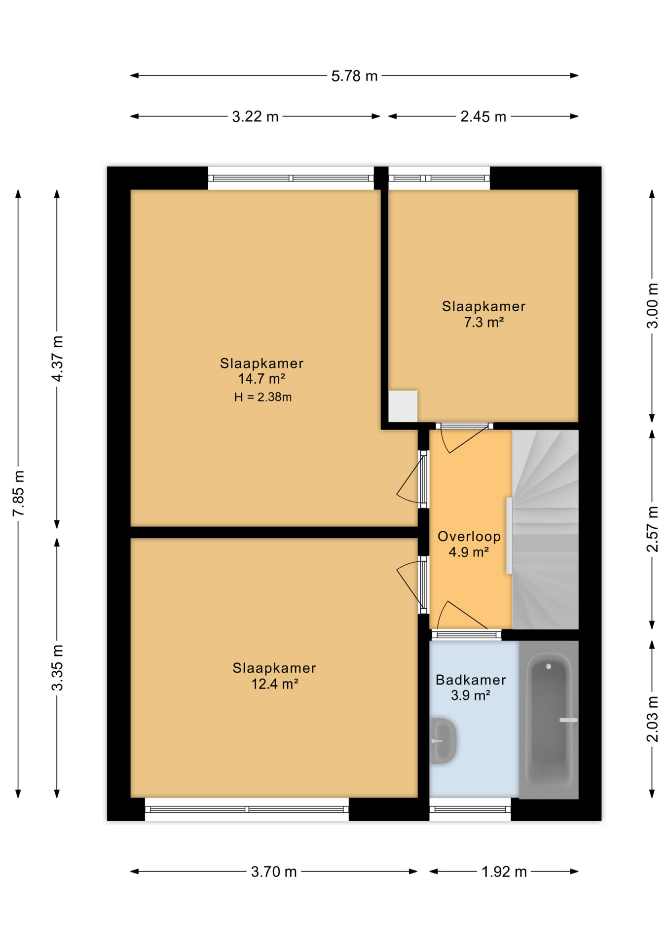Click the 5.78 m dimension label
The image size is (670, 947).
coord(354,76)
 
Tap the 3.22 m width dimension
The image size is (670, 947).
coord(255,117)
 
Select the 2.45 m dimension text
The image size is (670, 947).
coord(483,117)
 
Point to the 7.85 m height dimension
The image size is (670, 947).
coord(19,493)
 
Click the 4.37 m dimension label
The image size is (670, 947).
coord(58,359)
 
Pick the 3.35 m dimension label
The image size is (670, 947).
coord(58,667)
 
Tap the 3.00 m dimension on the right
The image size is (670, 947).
coord(652,306)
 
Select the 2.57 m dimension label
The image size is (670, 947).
coord(652,529)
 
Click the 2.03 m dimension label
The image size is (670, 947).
coord(652,719)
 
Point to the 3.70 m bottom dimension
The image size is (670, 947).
coord(273,872)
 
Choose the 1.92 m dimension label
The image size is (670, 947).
coord(503,872)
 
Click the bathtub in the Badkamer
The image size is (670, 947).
coord(548,720)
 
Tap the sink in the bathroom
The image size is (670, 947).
coord(443,741)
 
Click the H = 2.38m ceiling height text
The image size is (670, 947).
coord(262,397)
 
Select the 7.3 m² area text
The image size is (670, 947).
coord(483,323)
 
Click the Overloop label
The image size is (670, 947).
coord(469,536)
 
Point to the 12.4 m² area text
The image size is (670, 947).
coord(274,684)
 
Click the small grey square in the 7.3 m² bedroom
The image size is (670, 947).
coord(403,406)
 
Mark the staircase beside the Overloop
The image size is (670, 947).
coord(545,529)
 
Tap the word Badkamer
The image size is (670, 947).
coord(470,680)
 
